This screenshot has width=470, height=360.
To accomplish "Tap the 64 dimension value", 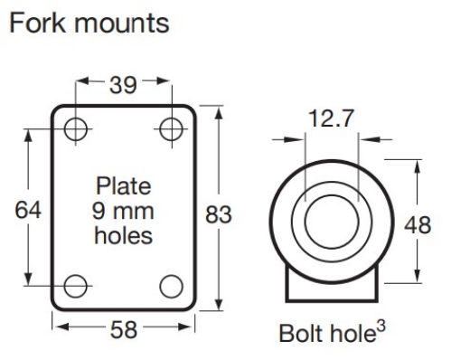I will [x=31, y=210].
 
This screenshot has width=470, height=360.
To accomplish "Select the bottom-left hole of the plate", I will [x=76, y=287].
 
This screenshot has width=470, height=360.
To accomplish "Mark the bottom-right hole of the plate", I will [x=169, y=287].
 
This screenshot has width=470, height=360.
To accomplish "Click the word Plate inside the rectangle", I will [x=123, y=188].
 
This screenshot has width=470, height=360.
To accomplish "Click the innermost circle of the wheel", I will [x=331, y=222].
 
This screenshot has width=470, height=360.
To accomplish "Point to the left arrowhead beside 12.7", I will [x=297, y=140].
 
